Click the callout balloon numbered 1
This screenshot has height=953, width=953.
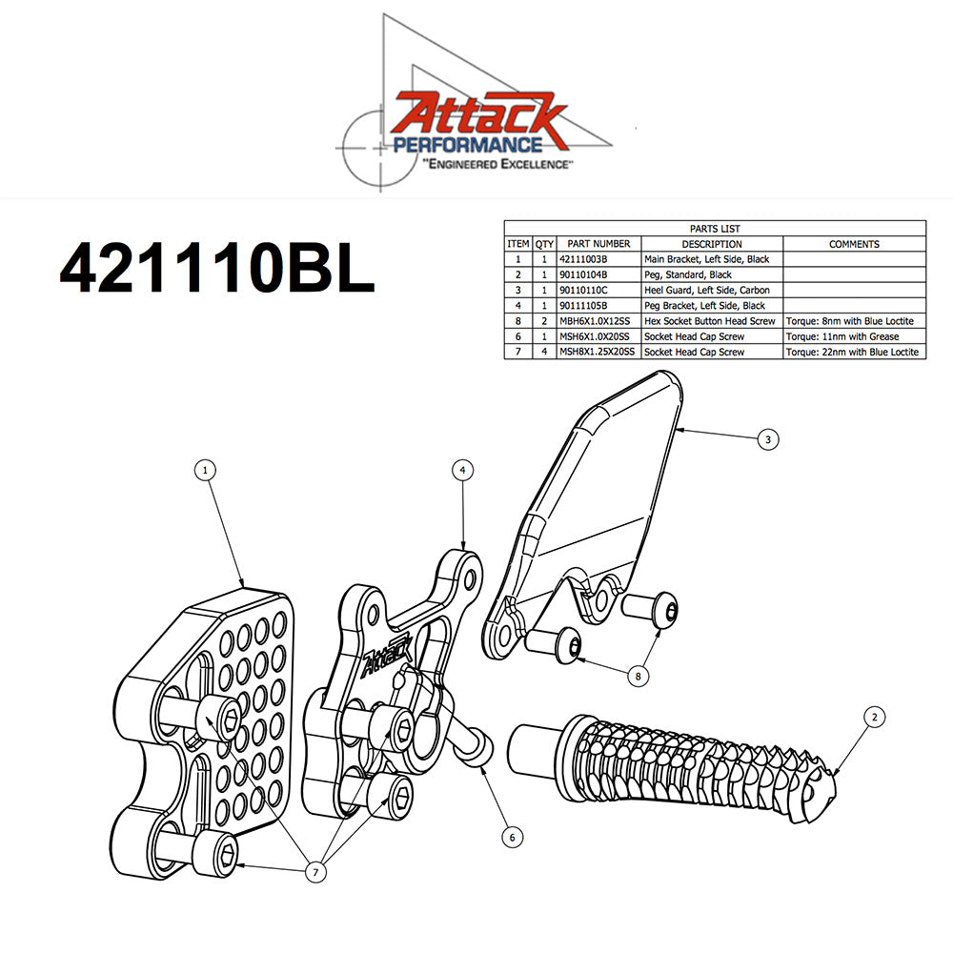pyautogui.click(x=205, y=469)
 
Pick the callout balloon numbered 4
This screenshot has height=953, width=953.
pyautogui.click(x=462, y=470)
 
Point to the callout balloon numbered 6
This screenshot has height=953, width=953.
pyautogui.click(x=512, y=837)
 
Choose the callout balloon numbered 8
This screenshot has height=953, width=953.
pyautogui.click(x=638, y=675)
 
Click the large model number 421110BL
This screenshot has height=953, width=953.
pyautogui.click(x=217, y=270)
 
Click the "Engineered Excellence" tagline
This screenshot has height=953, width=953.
pyautogui.click(x=497, y=165)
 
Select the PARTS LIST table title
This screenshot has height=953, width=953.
pyautogui.click(x=715, y=229)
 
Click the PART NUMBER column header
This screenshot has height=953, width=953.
pyautogui.click(x=598, y=244)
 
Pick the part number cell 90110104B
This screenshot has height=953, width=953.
pyautogui.click(x=598, y=274)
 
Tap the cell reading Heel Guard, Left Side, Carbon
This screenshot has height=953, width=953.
pyautogui.click(x=712, y=290)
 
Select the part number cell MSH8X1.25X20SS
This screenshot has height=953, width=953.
pyautogui.click(x=598, y=352)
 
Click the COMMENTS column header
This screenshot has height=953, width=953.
pyautogui.click(x=854, y=244)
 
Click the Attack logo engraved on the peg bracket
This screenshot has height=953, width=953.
pyautogui.click(x=387, y=657)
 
